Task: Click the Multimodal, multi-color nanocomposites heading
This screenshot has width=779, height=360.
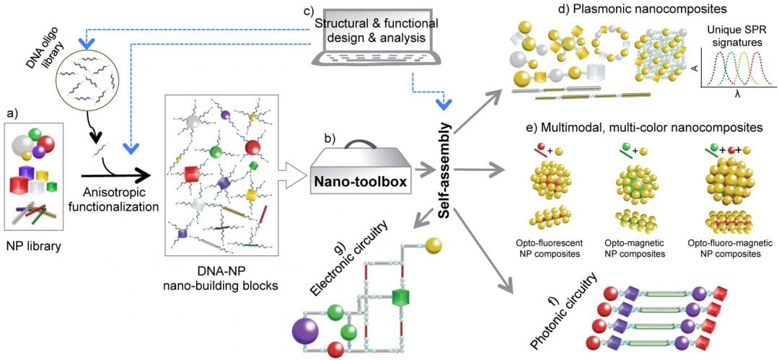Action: coord(633,127)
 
